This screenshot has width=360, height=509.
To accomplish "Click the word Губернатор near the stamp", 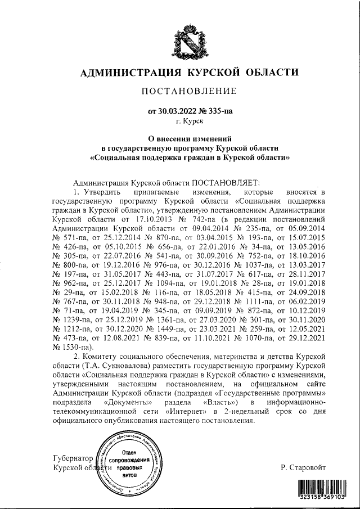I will click(x=74, y=458).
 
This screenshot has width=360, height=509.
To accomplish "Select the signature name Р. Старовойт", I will click(x=304, y=467).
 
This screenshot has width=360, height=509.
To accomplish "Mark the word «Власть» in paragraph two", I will click(x=220, y=403).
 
